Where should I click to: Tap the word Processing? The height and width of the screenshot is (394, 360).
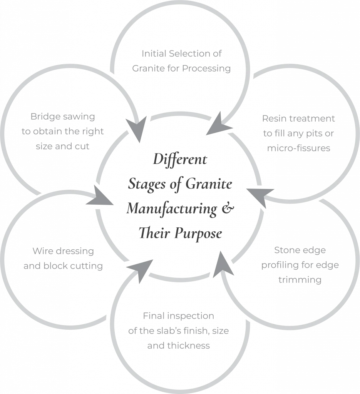click(209, 68)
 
